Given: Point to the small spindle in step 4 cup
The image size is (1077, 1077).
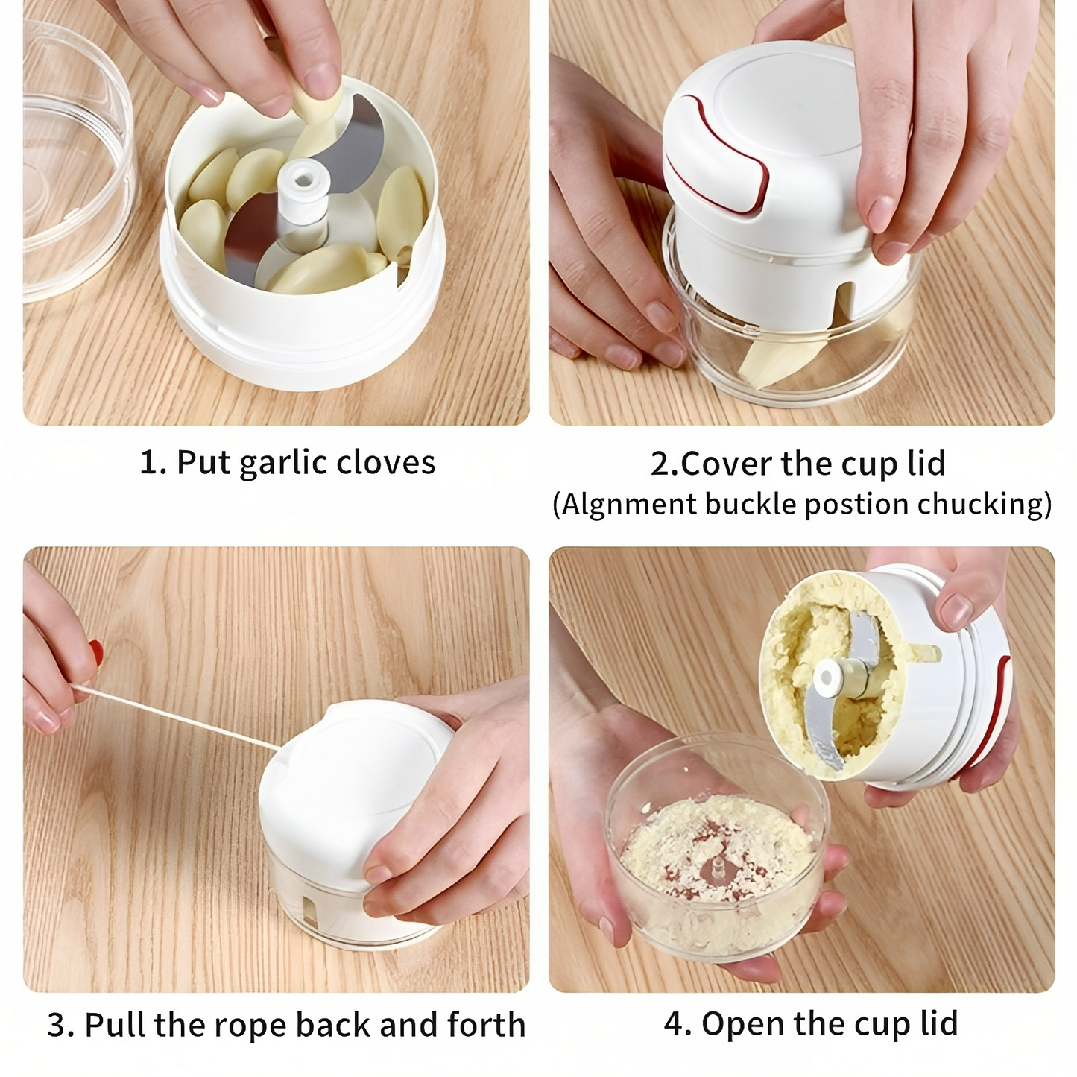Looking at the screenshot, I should coord(716,868).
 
